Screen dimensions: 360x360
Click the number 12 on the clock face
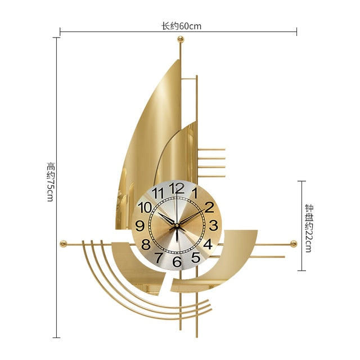coord(177,188)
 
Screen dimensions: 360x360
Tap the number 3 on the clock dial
coord(213,225)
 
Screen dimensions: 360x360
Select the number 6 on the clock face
coord(177,261)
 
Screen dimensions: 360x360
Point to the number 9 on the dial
coord(140,226)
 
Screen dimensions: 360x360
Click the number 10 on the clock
coord(145,208)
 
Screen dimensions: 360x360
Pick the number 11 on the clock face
coord(158,193)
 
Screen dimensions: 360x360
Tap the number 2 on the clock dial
coord(209,207)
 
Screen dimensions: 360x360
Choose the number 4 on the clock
coord(208,244)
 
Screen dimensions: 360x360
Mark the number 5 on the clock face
coord(196,257)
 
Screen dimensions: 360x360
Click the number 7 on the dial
coord(159,258)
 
